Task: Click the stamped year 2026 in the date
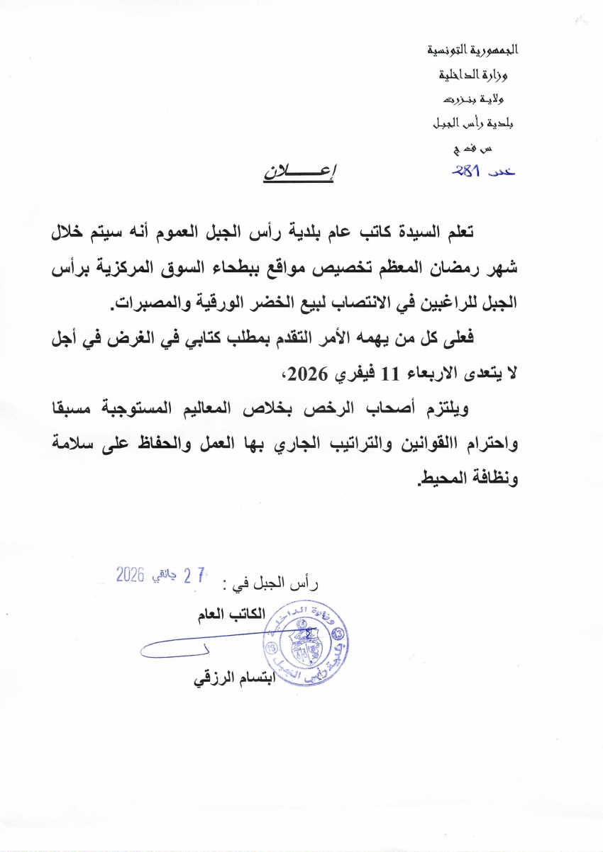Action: click(131, 575)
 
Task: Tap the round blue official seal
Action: click(301, 645)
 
